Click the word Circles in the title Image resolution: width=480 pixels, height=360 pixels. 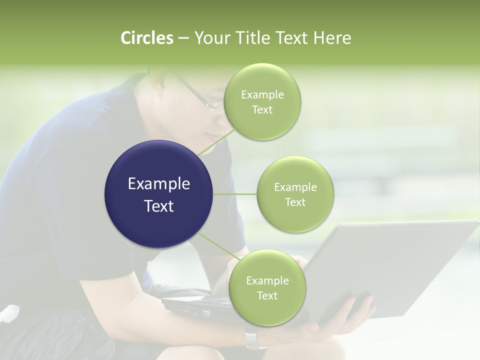(x=147, y=38)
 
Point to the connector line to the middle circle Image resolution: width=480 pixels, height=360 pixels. (x=235, y=194)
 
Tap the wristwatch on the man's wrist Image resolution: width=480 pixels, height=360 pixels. (x=255, y=340)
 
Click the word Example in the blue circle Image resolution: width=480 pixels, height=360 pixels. (x=159, y=184)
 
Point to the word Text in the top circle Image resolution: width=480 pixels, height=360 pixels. (x=262, y=110)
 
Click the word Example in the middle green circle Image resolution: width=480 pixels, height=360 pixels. (x=295, y=187)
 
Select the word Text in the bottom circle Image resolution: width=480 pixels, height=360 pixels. (x=267, y=296)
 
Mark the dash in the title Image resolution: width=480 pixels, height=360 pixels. (x=183, y=38)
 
